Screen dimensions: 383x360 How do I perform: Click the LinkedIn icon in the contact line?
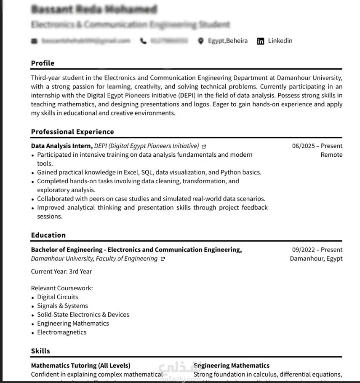point(261,41)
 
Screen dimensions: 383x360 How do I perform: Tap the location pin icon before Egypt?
point(201,41)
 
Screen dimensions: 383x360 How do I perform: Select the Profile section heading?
point(43,63)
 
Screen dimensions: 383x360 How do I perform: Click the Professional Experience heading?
point(72,132)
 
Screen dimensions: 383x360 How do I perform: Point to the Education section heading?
point(48,235)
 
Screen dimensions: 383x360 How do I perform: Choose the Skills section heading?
point(40,351)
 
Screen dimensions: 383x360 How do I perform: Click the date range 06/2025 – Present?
point(317,146)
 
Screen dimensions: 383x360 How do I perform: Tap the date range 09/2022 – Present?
point(317,250)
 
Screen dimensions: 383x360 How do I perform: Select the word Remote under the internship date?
point(331,155)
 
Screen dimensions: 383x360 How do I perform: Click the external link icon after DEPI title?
point(204,147)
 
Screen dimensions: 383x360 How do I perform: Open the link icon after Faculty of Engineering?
point(163,259)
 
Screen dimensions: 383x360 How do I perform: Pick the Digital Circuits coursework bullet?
point(57,297)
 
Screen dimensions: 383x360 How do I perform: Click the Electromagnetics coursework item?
point(61,332)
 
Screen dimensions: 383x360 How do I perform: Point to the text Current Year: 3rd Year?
point(61,272)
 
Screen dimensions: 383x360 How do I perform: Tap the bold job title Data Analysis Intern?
point(61,146)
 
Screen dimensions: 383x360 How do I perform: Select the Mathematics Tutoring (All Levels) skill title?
point(80,366)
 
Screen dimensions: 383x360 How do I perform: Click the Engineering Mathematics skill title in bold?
point(232,366)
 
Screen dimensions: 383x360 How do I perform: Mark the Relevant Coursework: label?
point(62,288)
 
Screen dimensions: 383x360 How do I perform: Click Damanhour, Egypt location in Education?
point(316,259)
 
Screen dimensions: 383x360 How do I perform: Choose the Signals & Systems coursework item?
point(62,306)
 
